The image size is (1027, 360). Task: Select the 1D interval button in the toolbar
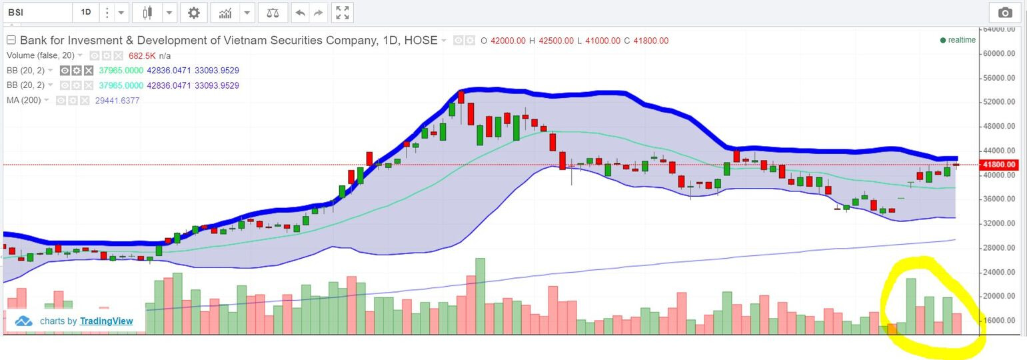[x=86, y=12]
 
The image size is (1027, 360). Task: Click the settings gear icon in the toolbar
[x=193, y=12]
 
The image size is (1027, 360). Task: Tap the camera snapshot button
[x=1005, y=13]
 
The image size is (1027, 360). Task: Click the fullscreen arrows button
[x=342, y=12]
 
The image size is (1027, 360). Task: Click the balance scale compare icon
[x=273, y=12]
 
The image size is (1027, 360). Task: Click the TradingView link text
[x=106, y=321]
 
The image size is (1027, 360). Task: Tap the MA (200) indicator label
[x=24, y=100]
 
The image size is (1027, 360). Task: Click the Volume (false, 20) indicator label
[x=41, y=55]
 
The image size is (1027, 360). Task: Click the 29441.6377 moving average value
[x=118, y=100]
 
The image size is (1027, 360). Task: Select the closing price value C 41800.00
[x=646, y=41]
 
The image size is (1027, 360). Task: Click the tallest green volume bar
[x=480, y=296]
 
